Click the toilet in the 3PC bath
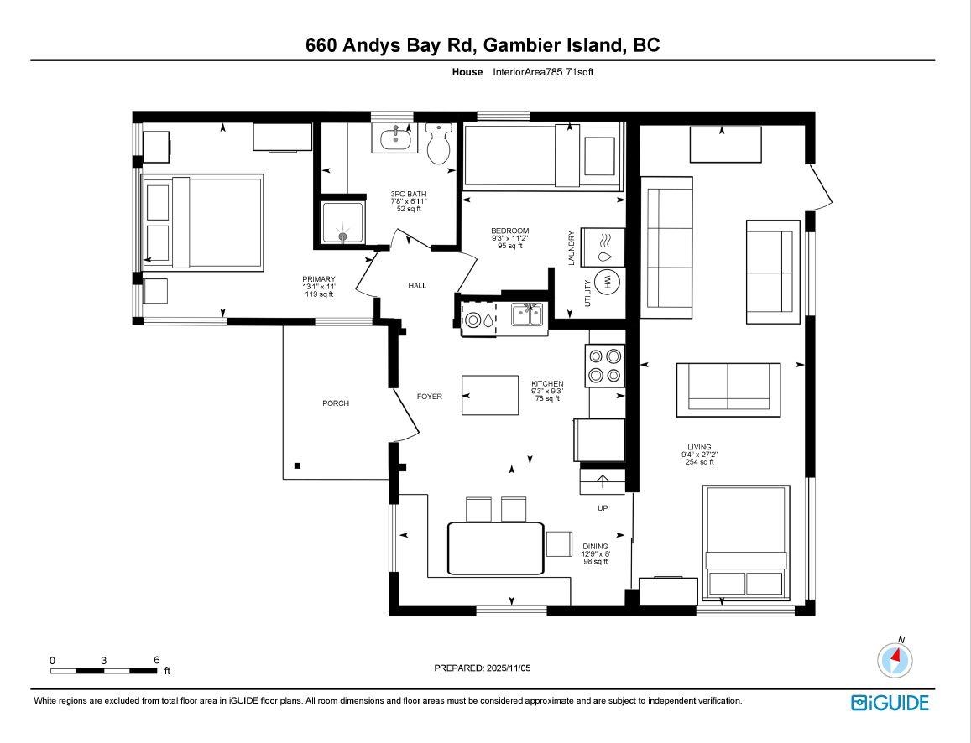(439, 143)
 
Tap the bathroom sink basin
(394, 138)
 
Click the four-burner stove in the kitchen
(604, 366)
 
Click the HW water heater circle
(607, 282)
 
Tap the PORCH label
(336, 403)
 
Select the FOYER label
(429, 397)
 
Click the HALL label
(417, 285)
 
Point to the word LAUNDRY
(572, 248)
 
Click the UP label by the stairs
(603, 508)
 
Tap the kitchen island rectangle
(490, 395)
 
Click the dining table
(496, 548)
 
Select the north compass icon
(895, 659)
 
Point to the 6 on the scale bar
(157, 660)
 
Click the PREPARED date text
(483, 668)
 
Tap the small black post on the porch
(298, 466)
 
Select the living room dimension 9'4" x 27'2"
(699, 455)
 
